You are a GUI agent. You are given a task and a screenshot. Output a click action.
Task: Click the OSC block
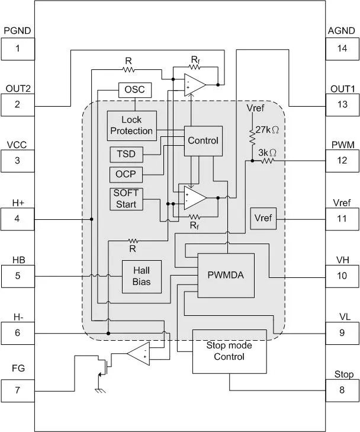pos(135,90)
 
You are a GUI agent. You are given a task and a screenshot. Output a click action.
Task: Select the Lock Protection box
pos(131,126)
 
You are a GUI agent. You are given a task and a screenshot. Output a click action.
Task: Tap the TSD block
pos(126,154)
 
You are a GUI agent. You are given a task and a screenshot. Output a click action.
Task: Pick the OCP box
pos(126,175)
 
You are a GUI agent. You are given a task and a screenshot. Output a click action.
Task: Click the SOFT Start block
pos(126,199)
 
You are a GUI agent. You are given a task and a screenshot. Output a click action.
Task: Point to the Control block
pos(202,141)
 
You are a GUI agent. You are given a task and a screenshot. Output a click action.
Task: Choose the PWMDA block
pos(226,276)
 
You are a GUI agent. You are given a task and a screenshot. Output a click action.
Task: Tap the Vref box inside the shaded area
pos(262,219)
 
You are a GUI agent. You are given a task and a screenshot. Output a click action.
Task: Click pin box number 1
pos(17,49)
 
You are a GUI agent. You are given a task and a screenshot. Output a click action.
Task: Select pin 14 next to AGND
pos(342,49)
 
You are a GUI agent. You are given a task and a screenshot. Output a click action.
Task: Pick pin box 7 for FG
pos(17,391)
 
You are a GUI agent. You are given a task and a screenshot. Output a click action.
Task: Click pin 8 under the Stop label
pos(342,391)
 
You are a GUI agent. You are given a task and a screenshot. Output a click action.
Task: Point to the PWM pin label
pos(342,145)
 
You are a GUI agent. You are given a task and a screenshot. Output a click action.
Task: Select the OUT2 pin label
pos(18,89)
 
